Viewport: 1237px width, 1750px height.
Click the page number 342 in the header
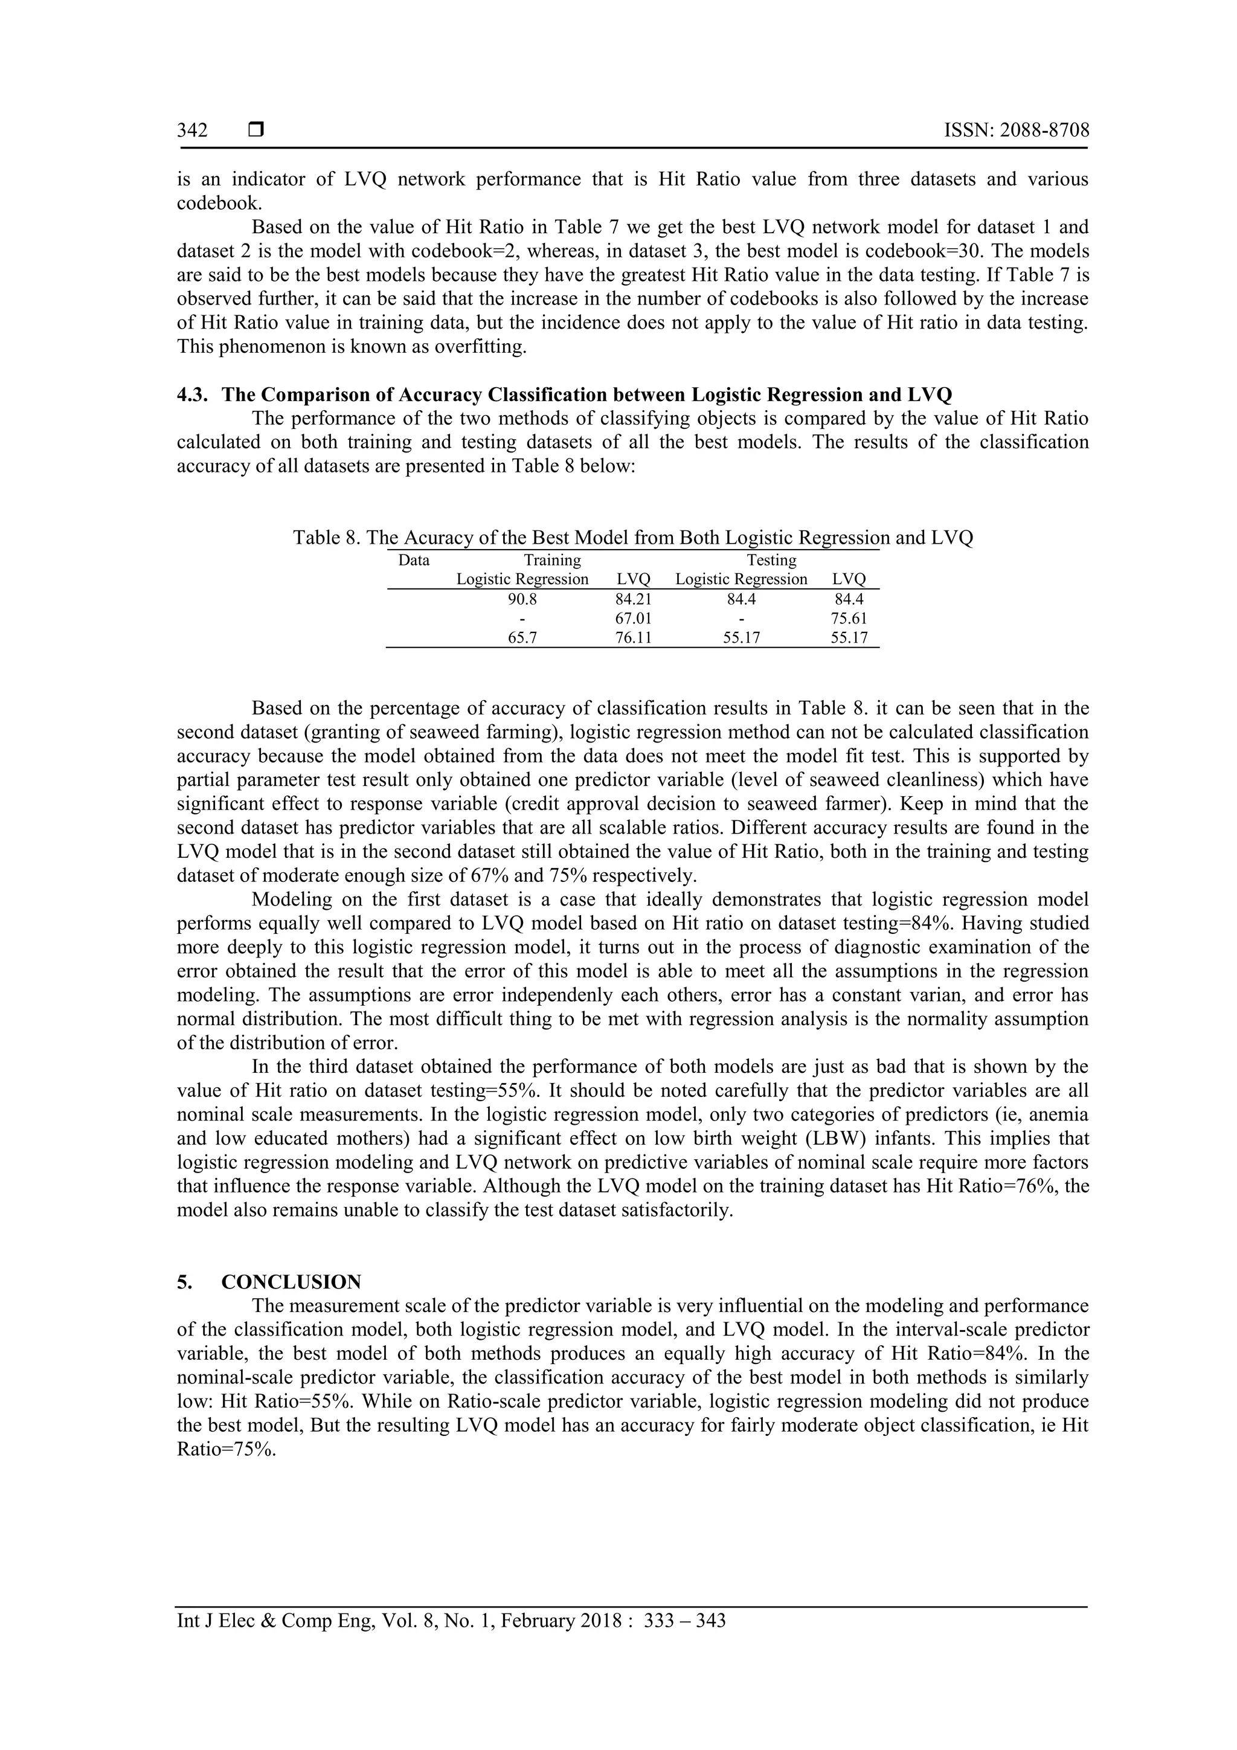(192, 130)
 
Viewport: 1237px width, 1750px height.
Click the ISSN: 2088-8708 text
(1016, 130)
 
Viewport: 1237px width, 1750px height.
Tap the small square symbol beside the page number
(256, 130)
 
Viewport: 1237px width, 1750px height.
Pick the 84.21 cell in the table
(634, 599)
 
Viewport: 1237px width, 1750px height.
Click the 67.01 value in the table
(634, 618)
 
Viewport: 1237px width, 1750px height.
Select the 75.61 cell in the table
(849, 618)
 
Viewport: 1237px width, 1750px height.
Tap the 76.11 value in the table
(634, 638)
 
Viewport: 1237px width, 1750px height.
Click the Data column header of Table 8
(414, 560)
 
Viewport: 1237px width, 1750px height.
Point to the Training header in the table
(552, 560)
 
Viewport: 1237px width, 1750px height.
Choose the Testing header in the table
(771, 560)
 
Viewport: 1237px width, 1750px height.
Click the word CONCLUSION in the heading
(291, 1282)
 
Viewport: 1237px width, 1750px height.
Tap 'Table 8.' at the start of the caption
(326, 538)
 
